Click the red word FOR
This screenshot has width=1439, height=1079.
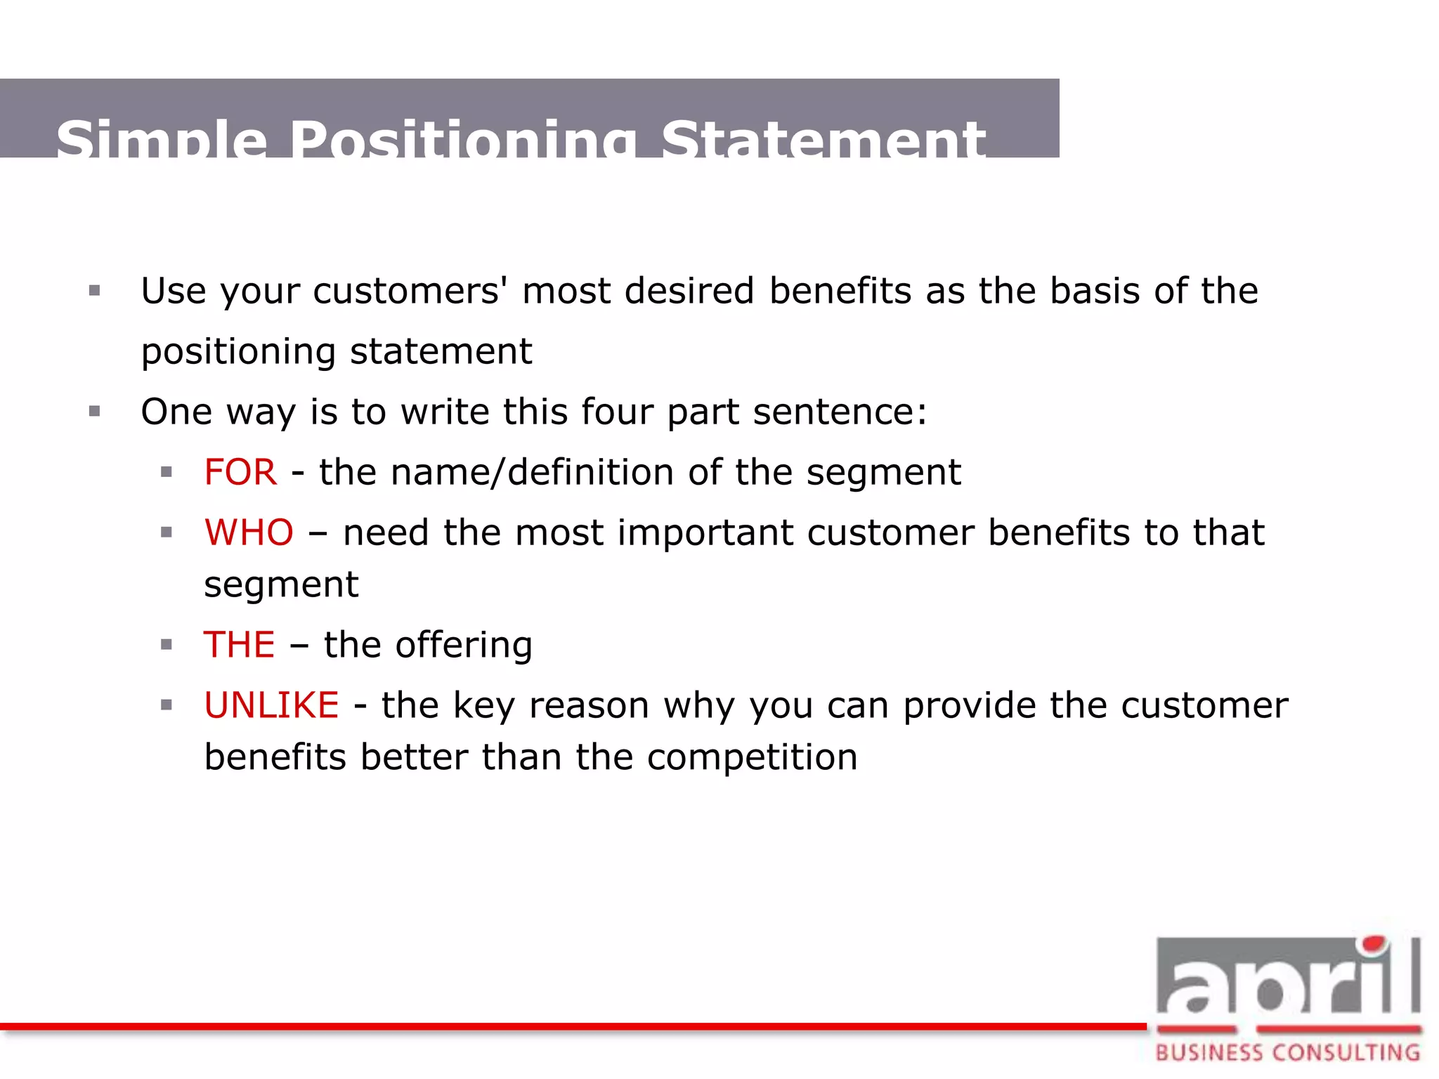pos(240,472)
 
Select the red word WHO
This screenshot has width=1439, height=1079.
pos(249,532)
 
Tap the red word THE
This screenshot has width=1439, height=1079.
pos(239,645)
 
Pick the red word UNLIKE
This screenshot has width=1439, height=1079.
pos(271,705)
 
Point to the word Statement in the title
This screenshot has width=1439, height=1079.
pos(823,140)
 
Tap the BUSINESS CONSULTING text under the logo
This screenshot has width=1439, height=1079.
pos(1287,1053)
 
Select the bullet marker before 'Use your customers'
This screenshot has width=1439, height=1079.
pos(95,291)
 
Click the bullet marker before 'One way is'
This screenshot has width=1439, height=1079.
pos(95,412)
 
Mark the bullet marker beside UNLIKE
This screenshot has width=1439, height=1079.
pos(167,705)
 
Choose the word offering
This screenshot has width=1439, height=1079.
pos(464,645)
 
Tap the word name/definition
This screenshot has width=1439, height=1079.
pos(532,472)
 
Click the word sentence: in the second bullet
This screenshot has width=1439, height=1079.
pos(840,412)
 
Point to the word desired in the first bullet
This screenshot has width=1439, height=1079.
pos(689,291)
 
